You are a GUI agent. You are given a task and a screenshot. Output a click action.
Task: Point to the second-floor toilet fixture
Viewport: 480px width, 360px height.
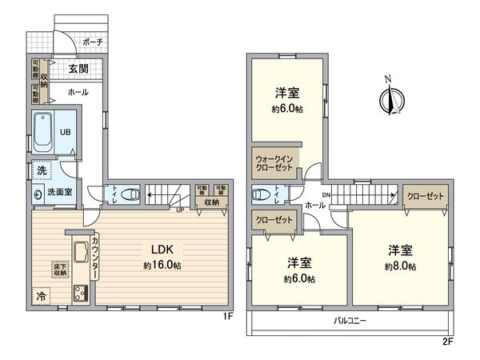pyautogui.click(x=261, y=194)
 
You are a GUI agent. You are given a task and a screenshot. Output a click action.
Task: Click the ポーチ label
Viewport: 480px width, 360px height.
pyautogui.click(x=93, y=42)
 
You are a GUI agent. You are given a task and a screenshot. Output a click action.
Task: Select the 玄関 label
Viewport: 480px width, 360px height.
pyautogui.click(x=78, y=70)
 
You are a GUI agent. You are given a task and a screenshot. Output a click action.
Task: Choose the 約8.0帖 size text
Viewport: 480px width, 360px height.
pyautogui.click(x=398, y=266)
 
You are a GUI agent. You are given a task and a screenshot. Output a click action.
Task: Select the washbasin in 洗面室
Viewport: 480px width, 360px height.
pyautogui.click(x=38, y=193)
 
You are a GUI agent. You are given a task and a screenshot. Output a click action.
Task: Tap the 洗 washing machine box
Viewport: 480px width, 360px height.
pyautogui.click(x=40, y=170)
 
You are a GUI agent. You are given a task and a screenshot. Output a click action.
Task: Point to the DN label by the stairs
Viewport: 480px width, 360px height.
pyautogui.click(x=326, y=194)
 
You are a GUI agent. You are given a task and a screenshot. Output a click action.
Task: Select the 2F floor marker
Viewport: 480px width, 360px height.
pyautogui.click(x=448, y=340)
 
